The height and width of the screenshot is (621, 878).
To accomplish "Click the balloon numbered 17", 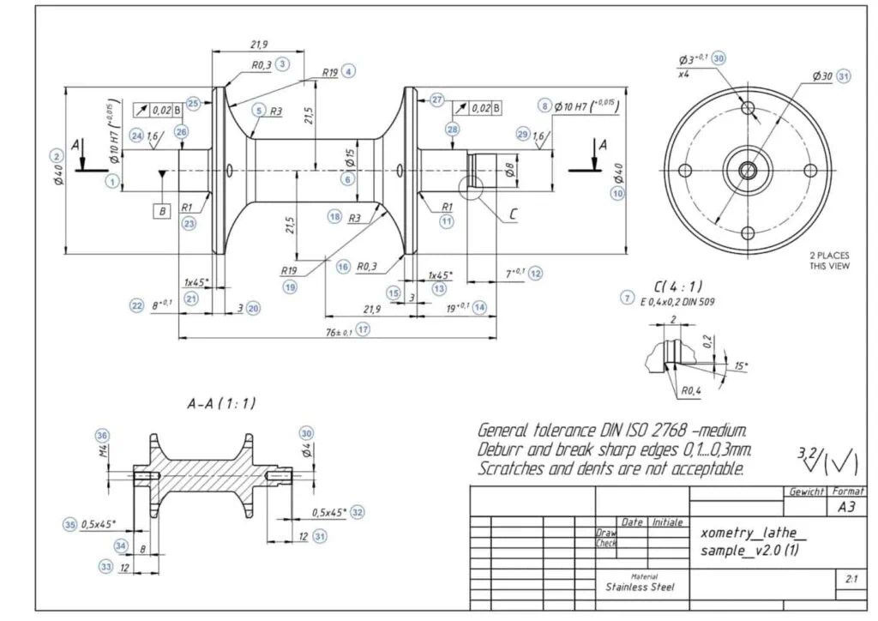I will click(364, 329).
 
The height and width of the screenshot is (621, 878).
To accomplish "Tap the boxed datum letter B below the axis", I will click(161, 209).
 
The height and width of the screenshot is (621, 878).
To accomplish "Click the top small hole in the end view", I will click(748, 108).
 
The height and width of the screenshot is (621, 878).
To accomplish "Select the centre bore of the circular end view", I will click(748, 170).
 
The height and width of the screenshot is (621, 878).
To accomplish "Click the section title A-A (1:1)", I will click(221, 403).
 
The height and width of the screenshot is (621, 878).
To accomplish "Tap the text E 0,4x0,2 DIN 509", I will click(677, 302).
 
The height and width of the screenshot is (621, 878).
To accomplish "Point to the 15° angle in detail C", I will click(739, 366).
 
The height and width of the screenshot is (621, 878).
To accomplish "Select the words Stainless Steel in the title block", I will click(640, 588).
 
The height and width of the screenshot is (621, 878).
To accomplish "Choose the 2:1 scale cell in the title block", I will click(851, 579).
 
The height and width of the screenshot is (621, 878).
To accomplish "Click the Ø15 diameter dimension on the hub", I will click(350, 158).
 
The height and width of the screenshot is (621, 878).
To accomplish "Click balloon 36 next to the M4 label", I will click(102, 435).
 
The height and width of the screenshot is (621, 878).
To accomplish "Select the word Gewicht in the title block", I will click(806, 491).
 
